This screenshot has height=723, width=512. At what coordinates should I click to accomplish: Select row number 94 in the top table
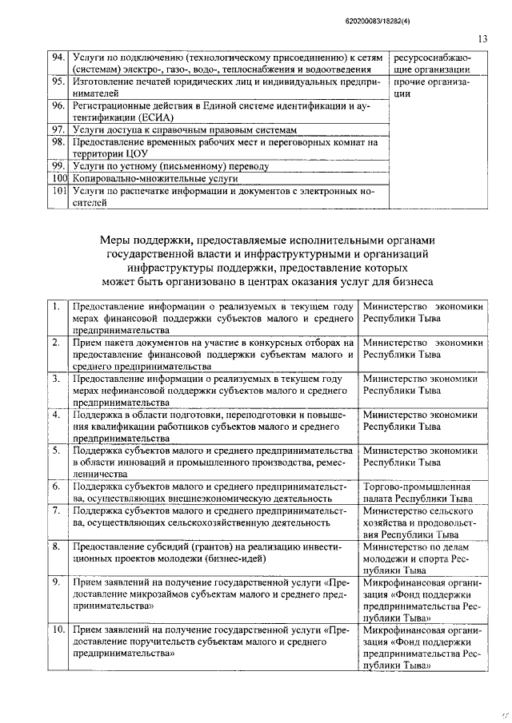tap(58, 58)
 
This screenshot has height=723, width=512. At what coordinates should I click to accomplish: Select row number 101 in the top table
tap(58, 192)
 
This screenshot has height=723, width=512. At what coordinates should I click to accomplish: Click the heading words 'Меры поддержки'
tap(145, 239)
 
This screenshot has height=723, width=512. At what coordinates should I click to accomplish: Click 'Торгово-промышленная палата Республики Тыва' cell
tap(416, 492)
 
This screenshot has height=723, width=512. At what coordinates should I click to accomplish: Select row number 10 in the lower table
tap(57, 630)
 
